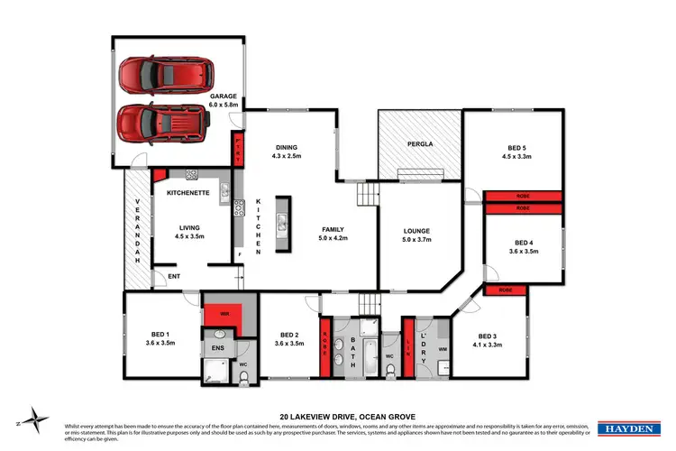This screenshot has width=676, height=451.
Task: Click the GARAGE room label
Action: tap(224, 96)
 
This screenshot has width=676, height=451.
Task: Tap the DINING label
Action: tap(287, 148)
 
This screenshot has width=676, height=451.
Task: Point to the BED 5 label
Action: tap(513, 149)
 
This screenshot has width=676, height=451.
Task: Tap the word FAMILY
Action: tap(333, 229)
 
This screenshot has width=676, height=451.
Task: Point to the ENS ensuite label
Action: tap(218, 346)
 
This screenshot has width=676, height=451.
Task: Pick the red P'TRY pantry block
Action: tap(239, 149)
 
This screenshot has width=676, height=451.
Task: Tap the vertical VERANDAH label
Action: tap(138, 230)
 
